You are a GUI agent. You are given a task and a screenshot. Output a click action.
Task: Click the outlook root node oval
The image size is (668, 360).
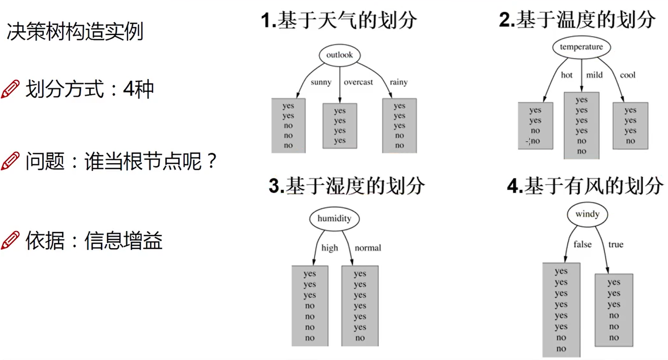pos(339,55)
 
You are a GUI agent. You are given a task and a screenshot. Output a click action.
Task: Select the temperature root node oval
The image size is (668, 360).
pos(582,47)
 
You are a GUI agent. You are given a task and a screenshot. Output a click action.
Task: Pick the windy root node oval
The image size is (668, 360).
pos(587,214)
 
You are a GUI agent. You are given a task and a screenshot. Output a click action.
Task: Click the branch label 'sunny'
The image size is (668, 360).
pos(321,82)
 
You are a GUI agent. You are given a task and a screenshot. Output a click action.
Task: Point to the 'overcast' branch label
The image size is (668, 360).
pos(358,82)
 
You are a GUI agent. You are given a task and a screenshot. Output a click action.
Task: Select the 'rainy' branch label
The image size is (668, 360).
pos(398,82)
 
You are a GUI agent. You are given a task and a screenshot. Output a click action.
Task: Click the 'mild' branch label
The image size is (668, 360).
pos(594,75)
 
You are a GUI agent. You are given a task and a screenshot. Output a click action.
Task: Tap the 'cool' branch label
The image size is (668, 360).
pos(628,75)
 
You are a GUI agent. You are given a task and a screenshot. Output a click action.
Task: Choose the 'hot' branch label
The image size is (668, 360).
pos(567,75)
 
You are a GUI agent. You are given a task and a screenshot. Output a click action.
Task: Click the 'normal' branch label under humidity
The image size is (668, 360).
pos(368,248)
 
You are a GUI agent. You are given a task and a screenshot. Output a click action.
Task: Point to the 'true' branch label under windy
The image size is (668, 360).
pos(615,245)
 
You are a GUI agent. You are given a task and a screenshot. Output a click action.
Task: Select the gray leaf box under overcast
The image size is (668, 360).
pos(340,125)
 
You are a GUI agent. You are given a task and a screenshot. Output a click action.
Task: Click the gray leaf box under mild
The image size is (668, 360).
pos(582,125)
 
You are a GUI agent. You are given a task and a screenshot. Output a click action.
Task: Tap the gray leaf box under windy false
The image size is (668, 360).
pos(561,309)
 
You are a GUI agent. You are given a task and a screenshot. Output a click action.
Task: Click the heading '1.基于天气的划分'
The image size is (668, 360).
pos(339,21)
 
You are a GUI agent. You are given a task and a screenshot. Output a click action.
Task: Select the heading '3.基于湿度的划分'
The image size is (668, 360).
pos(346,186)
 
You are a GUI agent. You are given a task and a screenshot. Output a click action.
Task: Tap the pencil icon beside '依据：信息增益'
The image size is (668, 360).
pos(11,240)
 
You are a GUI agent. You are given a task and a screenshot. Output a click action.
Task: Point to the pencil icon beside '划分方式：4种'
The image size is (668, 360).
pos(11,89)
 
